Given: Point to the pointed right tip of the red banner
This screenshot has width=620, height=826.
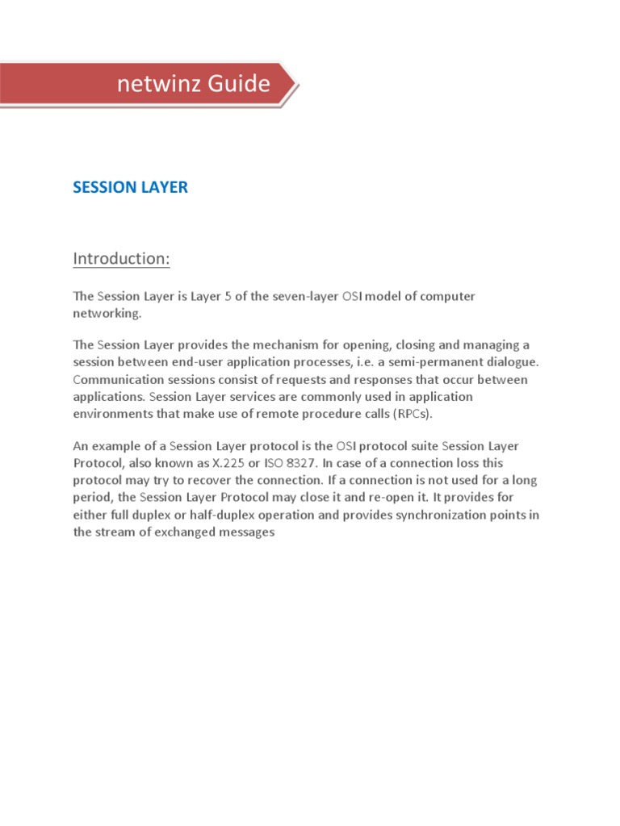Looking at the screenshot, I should (296, 83).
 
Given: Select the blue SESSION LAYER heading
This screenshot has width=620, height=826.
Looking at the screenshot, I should (130, 187).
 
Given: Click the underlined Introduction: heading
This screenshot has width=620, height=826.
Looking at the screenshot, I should (122, 259).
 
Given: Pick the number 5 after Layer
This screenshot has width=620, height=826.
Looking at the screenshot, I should (228, 296).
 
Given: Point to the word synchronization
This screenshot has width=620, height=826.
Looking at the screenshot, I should (438, 515).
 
